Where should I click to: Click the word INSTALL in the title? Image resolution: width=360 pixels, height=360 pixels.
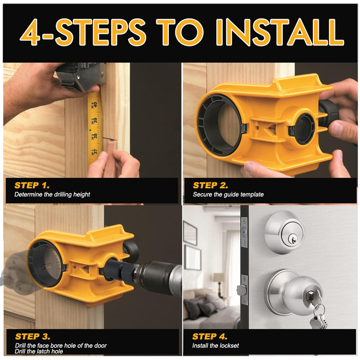pos(279,32)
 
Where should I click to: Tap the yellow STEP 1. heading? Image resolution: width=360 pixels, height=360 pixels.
pos(32,185)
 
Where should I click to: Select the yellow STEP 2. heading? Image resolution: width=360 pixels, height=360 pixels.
pos(210,185)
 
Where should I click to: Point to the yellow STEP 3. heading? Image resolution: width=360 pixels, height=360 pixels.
pos(32,336)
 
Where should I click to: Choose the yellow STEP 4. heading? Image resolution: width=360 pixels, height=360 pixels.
pos(210,336)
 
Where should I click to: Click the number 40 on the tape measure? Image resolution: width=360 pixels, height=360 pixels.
pos(95,105)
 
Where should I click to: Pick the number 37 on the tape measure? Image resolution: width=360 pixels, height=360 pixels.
pos(95,152)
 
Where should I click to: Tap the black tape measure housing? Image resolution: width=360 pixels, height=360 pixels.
pos(80,77)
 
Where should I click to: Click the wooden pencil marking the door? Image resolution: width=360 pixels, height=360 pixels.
pos(111,158)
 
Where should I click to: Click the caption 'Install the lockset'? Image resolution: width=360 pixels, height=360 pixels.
pos(216,346)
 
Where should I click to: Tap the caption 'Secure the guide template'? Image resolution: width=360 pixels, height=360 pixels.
pos(228,194)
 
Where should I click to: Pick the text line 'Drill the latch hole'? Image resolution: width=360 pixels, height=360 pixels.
pos(39,351)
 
